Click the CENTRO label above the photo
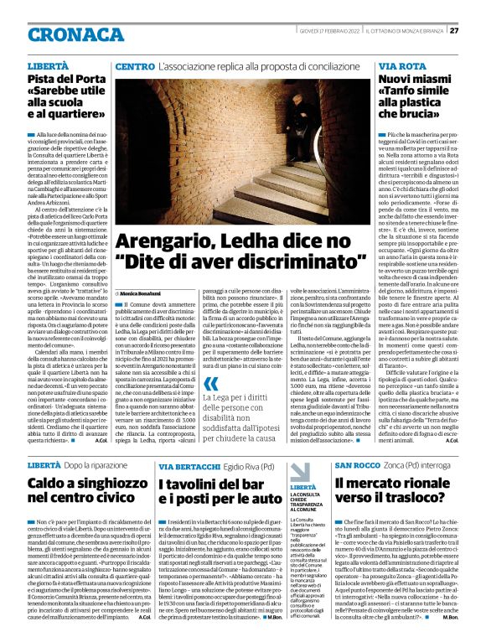(x=134, y=65)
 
